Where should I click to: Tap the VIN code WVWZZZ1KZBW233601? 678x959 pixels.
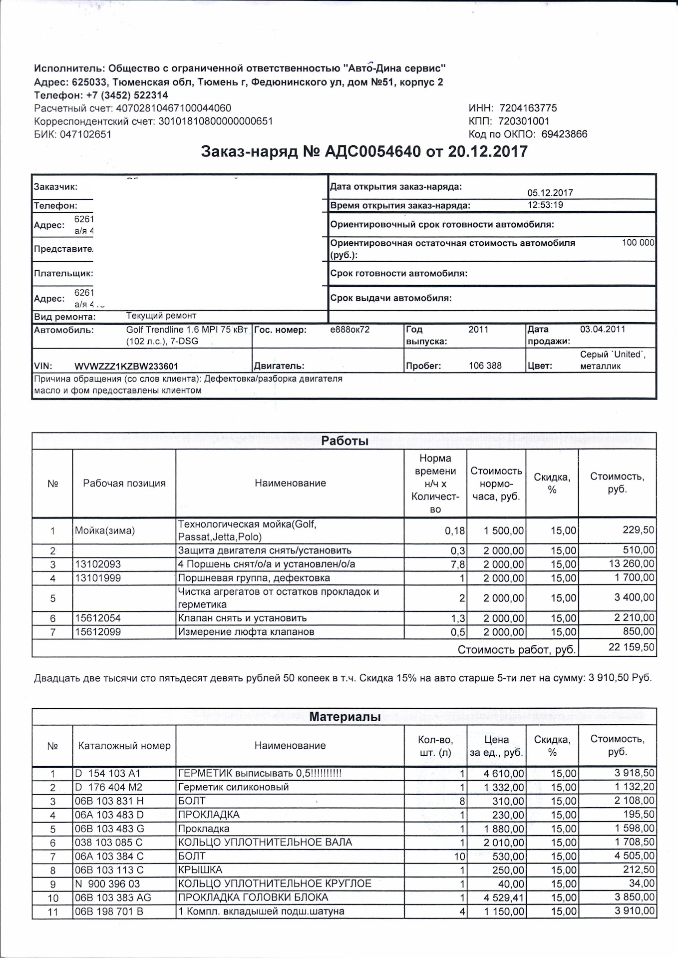point(126,366)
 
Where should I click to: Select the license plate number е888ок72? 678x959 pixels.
point(350,330)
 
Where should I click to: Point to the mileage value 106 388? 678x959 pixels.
point(485,366)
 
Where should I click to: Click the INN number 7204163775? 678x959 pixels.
point(528,108)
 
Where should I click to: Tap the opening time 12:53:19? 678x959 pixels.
point(546,205)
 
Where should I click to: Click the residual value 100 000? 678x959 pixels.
point(638,243)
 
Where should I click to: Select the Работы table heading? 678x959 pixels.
point(344,441)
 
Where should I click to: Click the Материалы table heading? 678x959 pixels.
point(344,717)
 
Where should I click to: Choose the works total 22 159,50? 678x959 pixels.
point(631,647)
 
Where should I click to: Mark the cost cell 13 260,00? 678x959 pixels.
point(631,564)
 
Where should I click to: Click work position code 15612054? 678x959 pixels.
point(98,618)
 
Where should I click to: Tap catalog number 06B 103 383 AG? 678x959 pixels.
point(113,898)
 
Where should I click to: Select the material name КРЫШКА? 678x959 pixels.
point(200,870)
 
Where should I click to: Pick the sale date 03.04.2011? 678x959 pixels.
point(602,330)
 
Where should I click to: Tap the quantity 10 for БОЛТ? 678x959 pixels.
point(459,856)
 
